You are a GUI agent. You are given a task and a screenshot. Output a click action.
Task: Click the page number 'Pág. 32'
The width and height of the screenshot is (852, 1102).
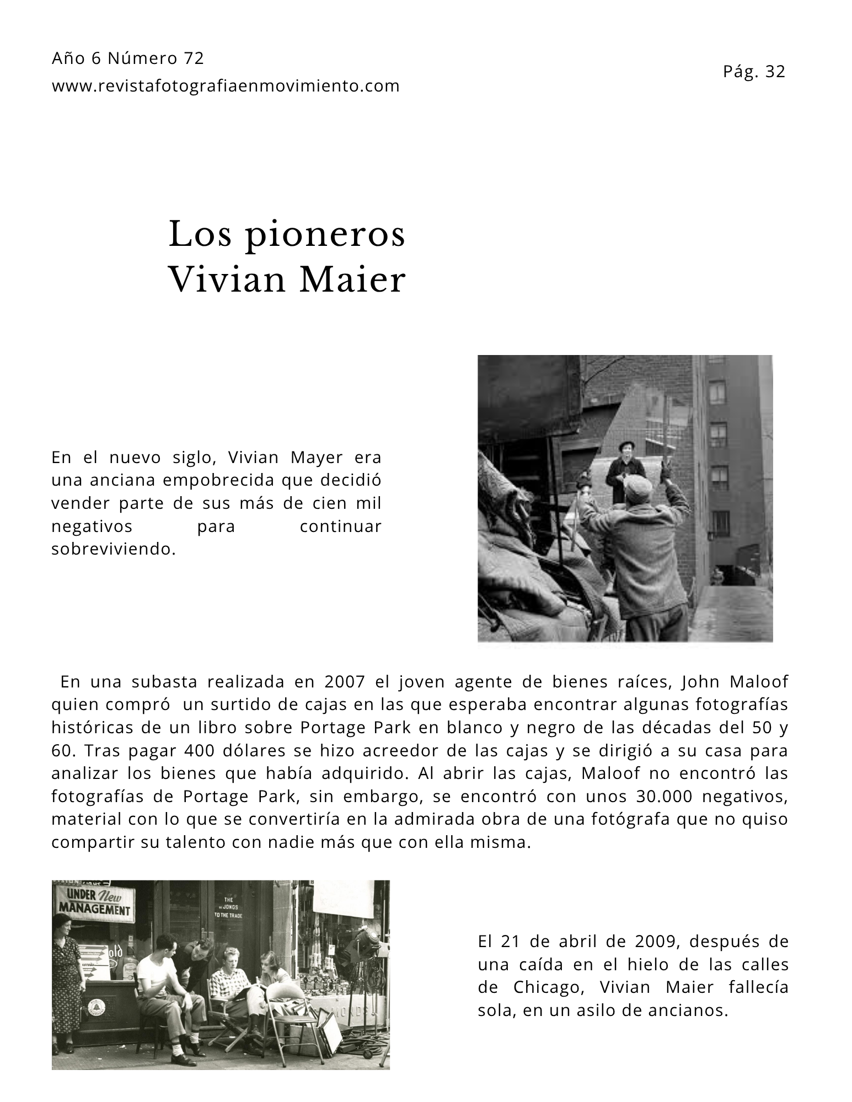point(753,72)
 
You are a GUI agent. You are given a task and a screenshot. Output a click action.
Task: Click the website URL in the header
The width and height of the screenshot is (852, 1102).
point(226,86)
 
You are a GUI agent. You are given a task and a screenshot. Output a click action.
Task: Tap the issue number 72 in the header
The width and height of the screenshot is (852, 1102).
point(194,58)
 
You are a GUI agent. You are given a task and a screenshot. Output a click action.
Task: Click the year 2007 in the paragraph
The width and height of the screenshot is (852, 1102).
point(344,682)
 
